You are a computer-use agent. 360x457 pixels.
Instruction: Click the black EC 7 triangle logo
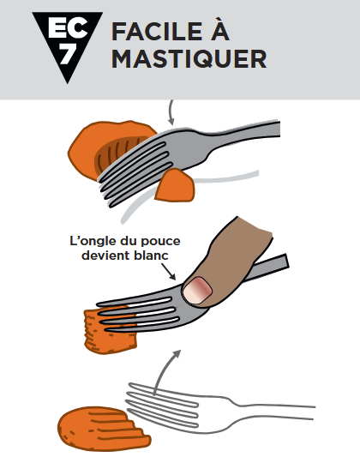(67, 41)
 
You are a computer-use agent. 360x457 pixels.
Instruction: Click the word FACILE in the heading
(157, 32)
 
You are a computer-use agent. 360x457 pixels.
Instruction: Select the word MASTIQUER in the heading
(189, 59)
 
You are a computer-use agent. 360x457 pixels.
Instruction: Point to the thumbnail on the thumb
(197, 290)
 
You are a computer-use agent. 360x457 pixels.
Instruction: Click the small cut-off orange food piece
(176, 185)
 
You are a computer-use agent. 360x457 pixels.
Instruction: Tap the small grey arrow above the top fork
(171, 112)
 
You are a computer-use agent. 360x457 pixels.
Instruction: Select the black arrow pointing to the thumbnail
(168, 271)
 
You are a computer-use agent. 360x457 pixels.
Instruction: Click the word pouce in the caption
(160, 242)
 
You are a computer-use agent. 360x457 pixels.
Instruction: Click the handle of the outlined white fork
(273, 412)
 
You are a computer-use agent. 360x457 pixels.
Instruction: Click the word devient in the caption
(105, 256)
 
